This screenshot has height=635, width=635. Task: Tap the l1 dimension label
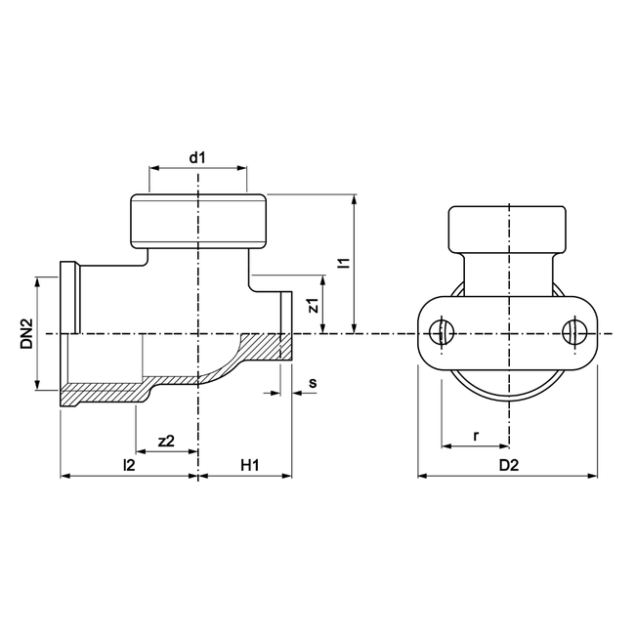tap(341, 263)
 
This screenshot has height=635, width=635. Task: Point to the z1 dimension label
tap(312, 305)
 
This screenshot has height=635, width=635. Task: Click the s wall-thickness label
tap(312, 383)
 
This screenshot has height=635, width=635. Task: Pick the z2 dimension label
tap(166, 441)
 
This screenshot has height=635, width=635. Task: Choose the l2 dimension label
tap(129, 465)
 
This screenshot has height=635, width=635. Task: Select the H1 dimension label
tap(249, 465)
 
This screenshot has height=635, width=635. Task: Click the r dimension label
tap(476, 436)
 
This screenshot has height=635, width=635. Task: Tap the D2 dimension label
tap(508, 465)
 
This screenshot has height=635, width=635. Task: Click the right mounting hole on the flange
tap(573, 333)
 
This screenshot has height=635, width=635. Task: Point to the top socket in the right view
tap(508, 230)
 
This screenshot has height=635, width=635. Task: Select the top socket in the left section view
tap(198, 220)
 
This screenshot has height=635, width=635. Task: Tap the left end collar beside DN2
tap(69, 298)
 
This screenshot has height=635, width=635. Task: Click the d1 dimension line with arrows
tap(198, 167)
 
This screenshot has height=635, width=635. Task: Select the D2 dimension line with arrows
tap(508, 478)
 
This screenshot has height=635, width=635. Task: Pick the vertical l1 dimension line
tap(356, 263)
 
